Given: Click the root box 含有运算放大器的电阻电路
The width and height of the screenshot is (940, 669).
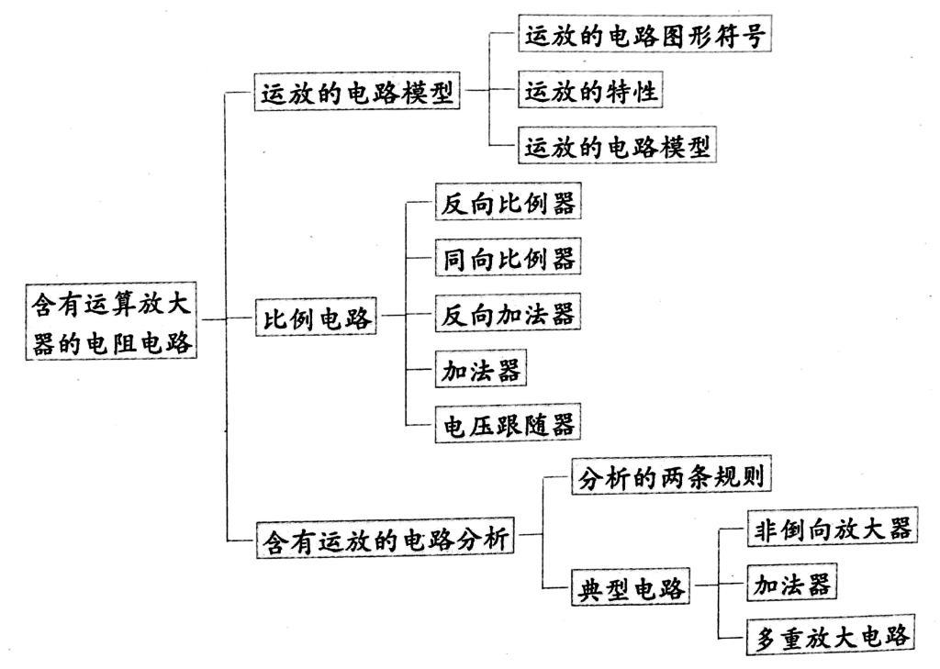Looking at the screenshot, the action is [x=111, y=322].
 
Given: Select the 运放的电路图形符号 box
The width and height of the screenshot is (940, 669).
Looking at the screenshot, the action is [x=644, y=34].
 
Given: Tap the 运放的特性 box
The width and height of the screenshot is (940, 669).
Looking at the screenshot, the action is [x=590, y=90].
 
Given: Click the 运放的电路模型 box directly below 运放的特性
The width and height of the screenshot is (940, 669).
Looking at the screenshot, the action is [x=617, y=145].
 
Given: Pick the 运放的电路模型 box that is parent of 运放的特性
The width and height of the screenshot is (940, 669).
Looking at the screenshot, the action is [x=357, y=92].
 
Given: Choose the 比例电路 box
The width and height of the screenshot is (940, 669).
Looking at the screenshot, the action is [x=316, y=317].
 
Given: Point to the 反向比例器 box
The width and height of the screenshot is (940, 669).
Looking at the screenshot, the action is [x=509, y=202].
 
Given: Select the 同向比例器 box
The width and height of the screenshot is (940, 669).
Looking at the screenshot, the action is [x=509, y=257].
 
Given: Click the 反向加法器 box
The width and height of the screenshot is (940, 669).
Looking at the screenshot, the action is [x=509, y=313].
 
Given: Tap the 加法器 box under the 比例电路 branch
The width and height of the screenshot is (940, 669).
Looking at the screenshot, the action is [x=481, y=369].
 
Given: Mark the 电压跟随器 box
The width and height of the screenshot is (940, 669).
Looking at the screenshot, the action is [x=509, y=424].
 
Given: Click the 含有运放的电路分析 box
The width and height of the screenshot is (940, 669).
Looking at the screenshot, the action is [x=386, y=540].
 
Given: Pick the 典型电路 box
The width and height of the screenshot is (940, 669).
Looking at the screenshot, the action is [x=631, y=587].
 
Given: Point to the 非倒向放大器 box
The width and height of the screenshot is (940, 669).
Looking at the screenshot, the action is [x=833, y=528].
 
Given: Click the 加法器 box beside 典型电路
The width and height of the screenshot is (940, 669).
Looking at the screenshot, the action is [x=792, y=582].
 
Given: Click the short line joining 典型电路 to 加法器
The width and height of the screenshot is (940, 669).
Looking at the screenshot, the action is [x=719, y=584].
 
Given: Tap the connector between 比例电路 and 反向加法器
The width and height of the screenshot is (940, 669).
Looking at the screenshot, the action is [x=407, y=314].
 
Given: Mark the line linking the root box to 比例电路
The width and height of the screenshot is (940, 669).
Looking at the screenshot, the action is [x=227, y=318].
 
